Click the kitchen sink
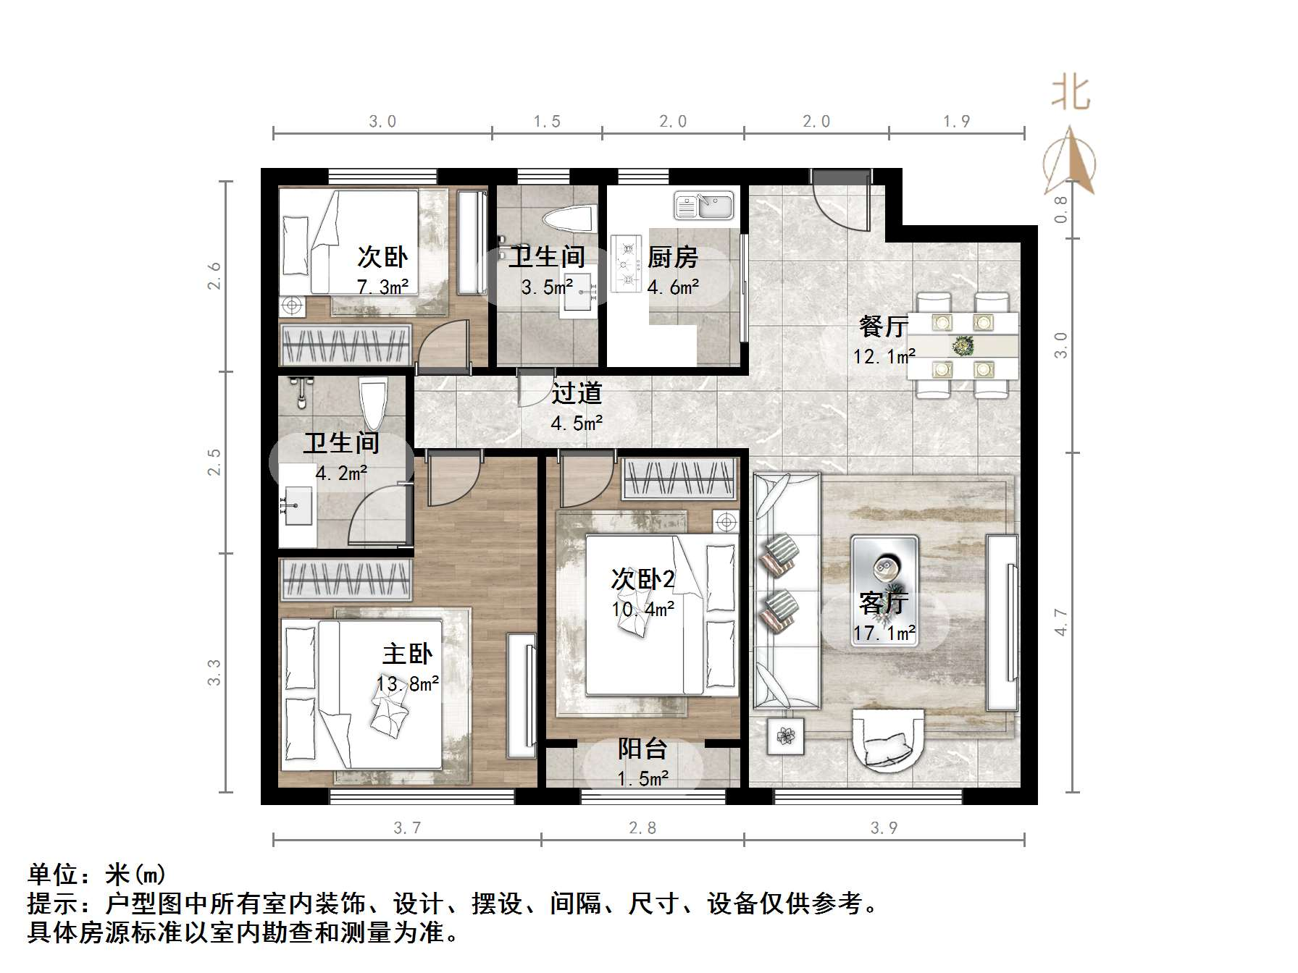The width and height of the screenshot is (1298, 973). point(703,205)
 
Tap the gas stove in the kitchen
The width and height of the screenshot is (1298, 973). point(627,263)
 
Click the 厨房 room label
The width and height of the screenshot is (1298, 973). point(673,257)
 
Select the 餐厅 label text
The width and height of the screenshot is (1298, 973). point(883,327)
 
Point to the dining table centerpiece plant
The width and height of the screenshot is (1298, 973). point(963,347)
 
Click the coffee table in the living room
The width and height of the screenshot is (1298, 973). point(884,570)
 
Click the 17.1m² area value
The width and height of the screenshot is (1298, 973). point(884,633)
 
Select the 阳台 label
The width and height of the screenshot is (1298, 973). point(642,749)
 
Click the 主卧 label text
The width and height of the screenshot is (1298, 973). point(407,654)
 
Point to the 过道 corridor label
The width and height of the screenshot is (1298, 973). point(577,393)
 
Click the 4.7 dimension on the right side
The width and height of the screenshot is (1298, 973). point(1061,623)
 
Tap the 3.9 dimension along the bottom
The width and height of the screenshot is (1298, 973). point(884,828)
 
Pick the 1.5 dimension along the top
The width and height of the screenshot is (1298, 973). point(547,122)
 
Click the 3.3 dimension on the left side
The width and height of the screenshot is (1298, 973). point(214,673)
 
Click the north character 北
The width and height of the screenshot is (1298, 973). point(1071,94)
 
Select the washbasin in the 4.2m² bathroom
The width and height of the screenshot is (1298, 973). point(298,505)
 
